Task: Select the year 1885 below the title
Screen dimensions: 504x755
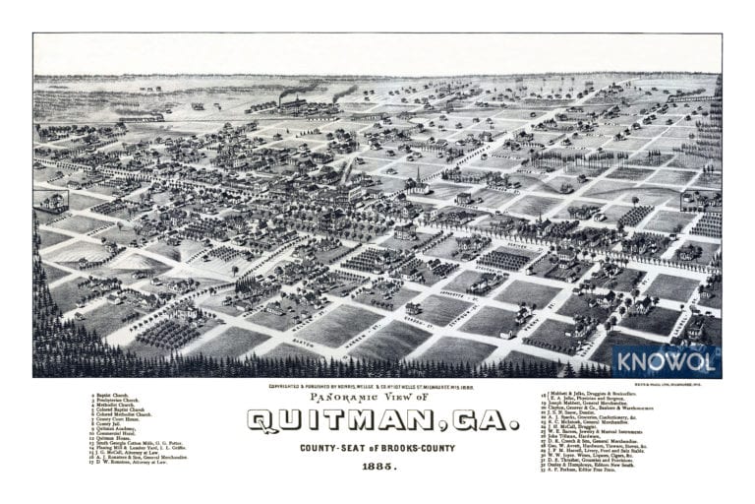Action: click(377, 466)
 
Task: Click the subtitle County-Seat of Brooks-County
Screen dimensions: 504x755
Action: click(377, 447)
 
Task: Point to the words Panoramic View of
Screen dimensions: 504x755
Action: click(377, 397)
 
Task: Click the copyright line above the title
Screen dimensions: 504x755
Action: click(377, 386)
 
